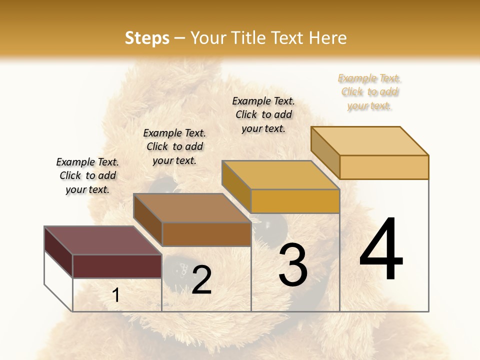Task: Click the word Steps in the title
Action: click(147, 38)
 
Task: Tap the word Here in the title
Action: click(327, 38)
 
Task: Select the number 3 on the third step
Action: click(292, 265)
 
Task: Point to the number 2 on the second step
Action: click(201, 280)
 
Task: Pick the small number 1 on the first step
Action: click(116, 295)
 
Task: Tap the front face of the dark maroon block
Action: click(117, 266)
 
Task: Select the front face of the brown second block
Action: click(206, 234)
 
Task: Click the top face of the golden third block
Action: click(280, 175)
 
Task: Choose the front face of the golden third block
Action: click(295, 201)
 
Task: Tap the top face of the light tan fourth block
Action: click(369, 140)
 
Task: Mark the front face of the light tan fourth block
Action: click(384, 167)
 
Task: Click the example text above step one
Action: click(87, 176)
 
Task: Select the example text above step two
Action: click(174, 147)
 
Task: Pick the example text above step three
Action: click(263, 114)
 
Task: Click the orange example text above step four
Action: click(369, 92)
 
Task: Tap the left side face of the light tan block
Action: click(325, 152)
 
